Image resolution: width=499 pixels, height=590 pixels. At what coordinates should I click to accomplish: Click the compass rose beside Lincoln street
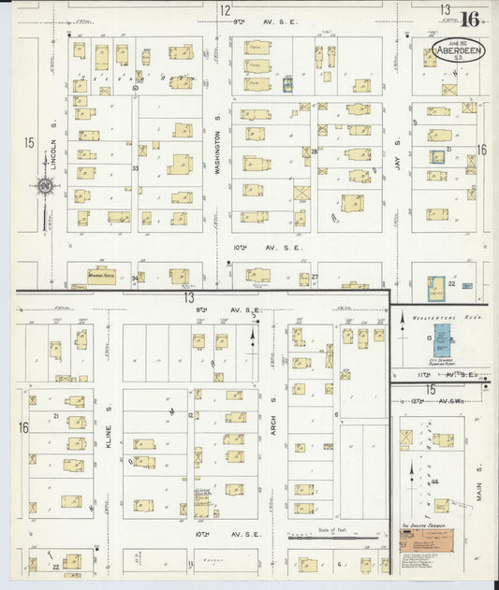coord(44,185)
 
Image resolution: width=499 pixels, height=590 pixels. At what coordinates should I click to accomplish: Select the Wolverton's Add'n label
coord(439,318)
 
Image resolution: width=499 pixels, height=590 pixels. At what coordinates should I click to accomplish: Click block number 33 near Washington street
coord(136,168)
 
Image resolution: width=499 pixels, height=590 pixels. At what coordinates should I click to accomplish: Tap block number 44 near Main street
coord(434,482)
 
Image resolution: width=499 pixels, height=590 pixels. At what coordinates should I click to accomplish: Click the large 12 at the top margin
coord(225,10)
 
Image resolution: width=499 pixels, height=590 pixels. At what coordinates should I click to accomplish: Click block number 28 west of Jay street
coord(315,151)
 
